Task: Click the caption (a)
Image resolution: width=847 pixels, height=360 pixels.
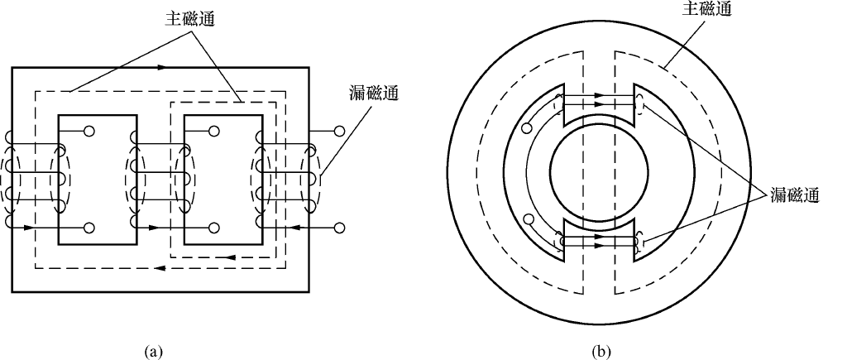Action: point(152,352)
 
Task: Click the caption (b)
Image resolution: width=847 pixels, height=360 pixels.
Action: point(601,352)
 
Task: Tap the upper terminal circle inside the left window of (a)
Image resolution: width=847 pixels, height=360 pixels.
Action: point(89,131)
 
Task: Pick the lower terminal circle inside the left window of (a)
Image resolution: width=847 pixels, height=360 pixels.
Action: point(89,227)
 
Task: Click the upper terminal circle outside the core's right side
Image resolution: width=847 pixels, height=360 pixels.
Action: point(338,131)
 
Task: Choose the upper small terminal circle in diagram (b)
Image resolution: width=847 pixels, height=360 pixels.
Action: point(527,128)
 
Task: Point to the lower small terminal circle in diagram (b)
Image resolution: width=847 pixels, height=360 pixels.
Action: point(527,219)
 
